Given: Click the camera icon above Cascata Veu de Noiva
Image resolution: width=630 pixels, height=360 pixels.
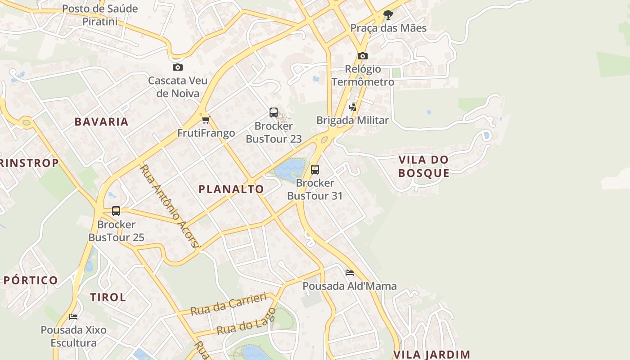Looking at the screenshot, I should [x=178, y=67].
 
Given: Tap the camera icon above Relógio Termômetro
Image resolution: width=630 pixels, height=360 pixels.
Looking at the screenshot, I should [x=362, y=56].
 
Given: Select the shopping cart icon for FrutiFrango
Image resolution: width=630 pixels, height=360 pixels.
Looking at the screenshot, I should [x=206, y=120].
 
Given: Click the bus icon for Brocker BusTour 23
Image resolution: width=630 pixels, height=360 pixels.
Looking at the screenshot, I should [x=273, y=112].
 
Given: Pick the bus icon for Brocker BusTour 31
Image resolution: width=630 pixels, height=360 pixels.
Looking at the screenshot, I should [x=315, y=170].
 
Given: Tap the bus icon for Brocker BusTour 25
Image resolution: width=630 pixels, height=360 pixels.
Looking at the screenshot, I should [x=116, y=211].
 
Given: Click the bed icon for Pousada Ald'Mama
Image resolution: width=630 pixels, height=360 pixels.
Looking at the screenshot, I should [x=349, y=273].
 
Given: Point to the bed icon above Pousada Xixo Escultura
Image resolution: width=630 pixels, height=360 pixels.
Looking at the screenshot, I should [x=73, y=317].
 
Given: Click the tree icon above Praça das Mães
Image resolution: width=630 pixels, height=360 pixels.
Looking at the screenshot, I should [x=387, y=15].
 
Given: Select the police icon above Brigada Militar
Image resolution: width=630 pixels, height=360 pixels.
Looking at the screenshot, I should [x=352, y=107].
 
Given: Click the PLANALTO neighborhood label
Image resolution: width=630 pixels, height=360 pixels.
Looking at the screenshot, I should [x=231, y=189].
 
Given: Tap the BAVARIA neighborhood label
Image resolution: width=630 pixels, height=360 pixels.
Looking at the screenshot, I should [x=102, y=121].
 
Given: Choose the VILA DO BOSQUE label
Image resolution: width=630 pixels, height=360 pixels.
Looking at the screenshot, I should [x=423, y=166].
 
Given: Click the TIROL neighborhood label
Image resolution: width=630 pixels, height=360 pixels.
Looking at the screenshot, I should [x=108, y=297].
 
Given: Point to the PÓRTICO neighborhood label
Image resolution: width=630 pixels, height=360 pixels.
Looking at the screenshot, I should [x=31, y=280].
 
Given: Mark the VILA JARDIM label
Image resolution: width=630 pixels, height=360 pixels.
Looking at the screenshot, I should [x=432, y=355].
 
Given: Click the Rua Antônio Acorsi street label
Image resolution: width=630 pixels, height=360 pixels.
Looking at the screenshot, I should [x=169, y=206].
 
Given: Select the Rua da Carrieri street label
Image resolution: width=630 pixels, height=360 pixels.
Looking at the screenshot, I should [x=228, y=305].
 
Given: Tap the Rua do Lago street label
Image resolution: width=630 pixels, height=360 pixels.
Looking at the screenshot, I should [x=246, y=321].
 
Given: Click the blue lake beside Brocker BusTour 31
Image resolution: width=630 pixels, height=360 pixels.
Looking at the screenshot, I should [x=289, y=169].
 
